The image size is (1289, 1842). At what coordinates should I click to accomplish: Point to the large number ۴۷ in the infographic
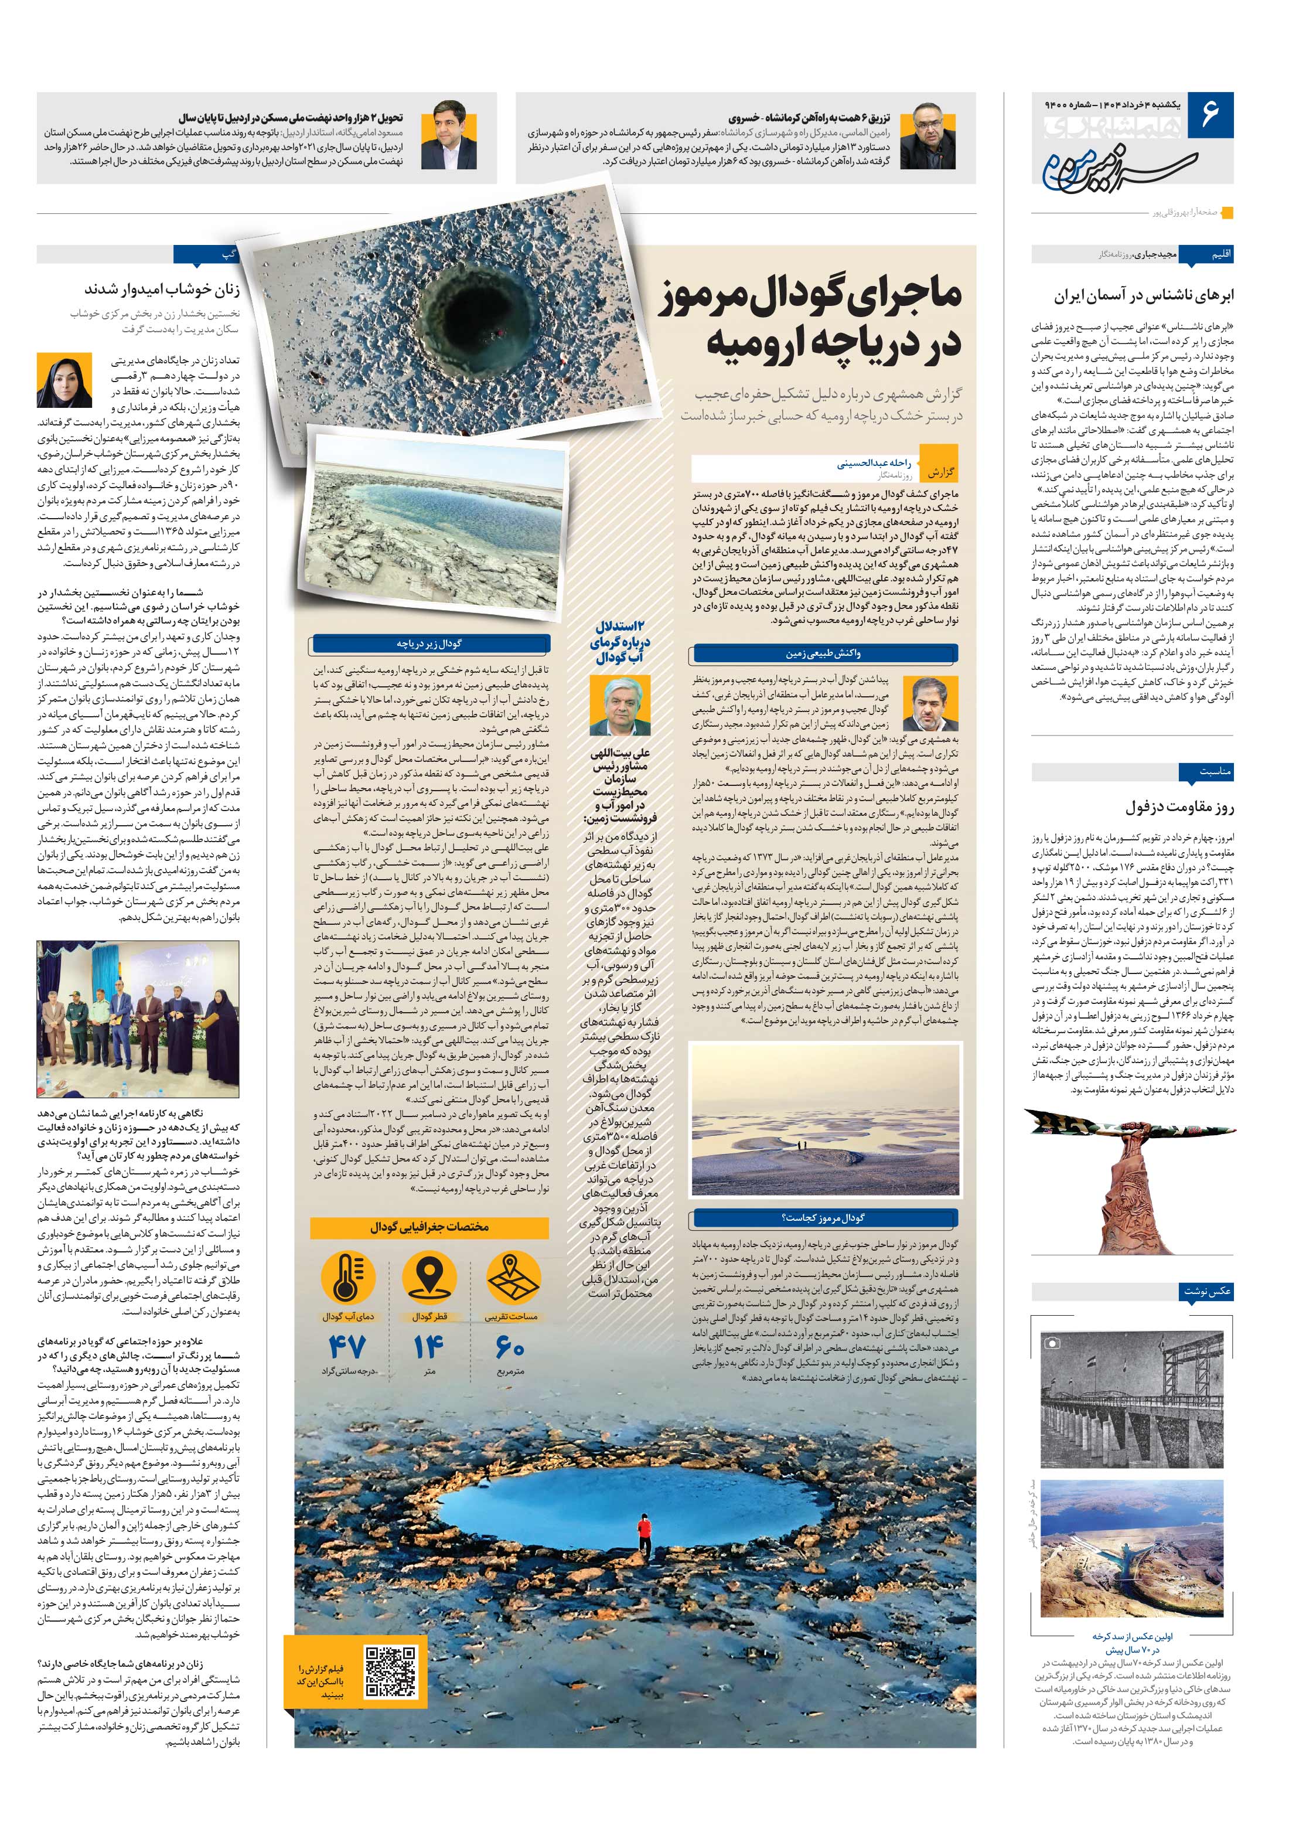[x=347, y=1346]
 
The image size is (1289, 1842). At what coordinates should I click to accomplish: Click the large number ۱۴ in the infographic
[x=429, y=1346]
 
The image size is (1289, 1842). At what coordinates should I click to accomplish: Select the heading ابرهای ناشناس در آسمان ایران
[x=1144, y=295]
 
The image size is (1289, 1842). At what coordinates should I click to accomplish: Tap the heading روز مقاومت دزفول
[x=1178, y=806]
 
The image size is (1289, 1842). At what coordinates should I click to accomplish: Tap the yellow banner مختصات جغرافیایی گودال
[x=429, y=1227]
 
